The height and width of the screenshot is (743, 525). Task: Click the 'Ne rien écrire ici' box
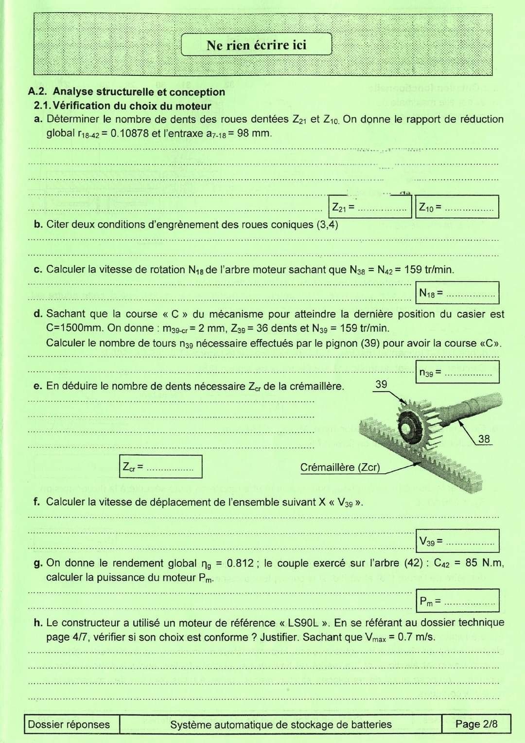(x=256, y=45)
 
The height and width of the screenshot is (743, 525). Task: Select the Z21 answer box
(x=370, y=207)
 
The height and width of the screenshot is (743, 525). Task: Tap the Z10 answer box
(x=457, y=207)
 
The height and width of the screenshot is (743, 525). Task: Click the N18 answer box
(x=457, y=293)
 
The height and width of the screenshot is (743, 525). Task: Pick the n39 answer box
(x=457, y=372)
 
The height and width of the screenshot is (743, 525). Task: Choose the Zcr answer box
(x=160, y=467)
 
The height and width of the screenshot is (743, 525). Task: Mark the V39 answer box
(x=457, y=541)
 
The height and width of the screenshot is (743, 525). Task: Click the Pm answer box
(x=457, y=600)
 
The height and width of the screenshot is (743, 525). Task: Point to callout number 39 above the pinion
(x=381, y=384)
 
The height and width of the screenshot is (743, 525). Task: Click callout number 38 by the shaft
(x=484, y=439)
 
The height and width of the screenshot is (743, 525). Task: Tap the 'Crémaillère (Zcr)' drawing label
(x=340, y=467)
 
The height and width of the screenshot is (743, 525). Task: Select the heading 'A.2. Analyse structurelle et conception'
(x=127, y=91)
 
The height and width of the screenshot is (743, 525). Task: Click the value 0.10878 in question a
(x=129, y=133)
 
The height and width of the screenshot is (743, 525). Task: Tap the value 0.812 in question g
(x=240, y=563)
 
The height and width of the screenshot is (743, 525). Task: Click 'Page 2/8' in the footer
(x=476, y=724)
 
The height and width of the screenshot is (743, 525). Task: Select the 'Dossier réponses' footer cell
(x=69, y=725)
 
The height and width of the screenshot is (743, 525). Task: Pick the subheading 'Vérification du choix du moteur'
(x=132, y=106)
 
